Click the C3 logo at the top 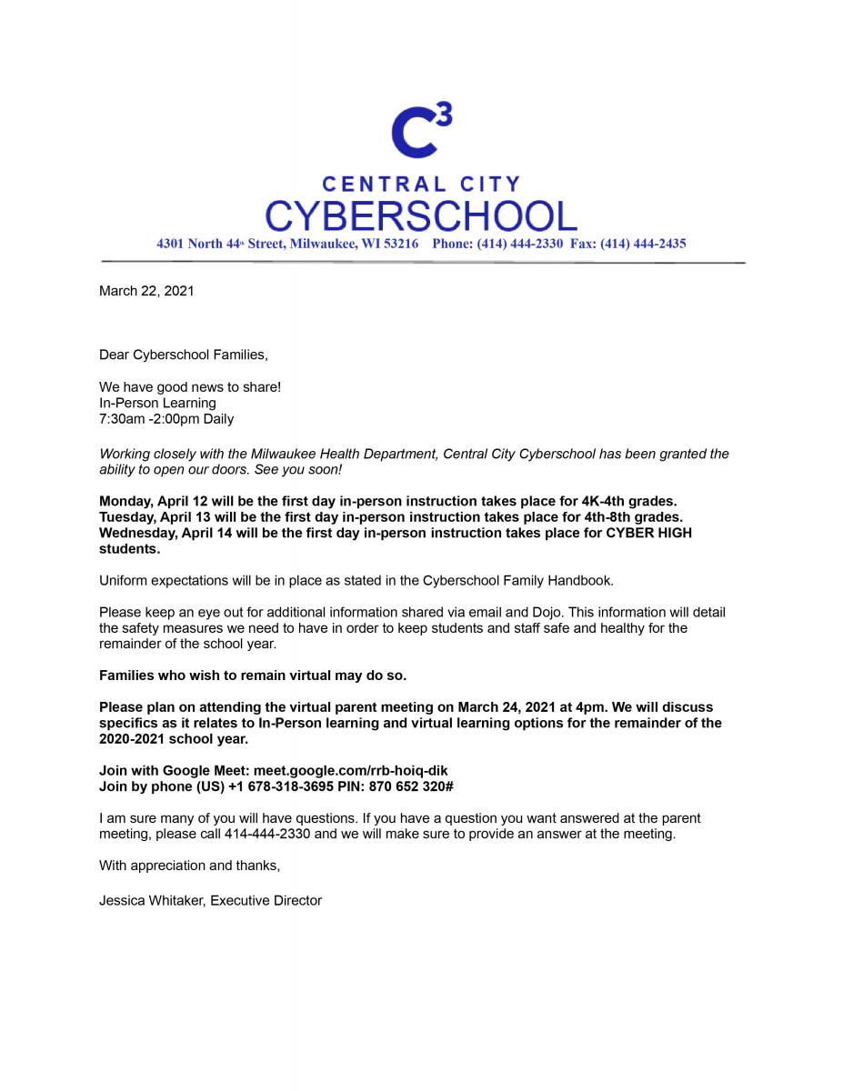[x=420, y=130]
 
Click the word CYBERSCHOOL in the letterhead [x=421, y=216]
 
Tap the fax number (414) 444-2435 [x=642, y=244]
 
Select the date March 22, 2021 [x=146, y=292]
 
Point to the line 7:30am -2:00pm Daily [x=166, y=419]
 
